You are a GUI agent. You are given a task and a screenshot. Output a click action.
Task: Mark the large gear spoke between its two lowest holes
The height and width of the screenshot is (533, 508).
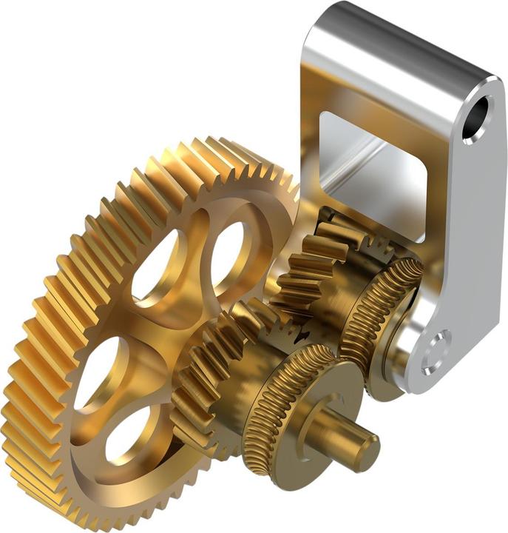click(104, 403)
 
